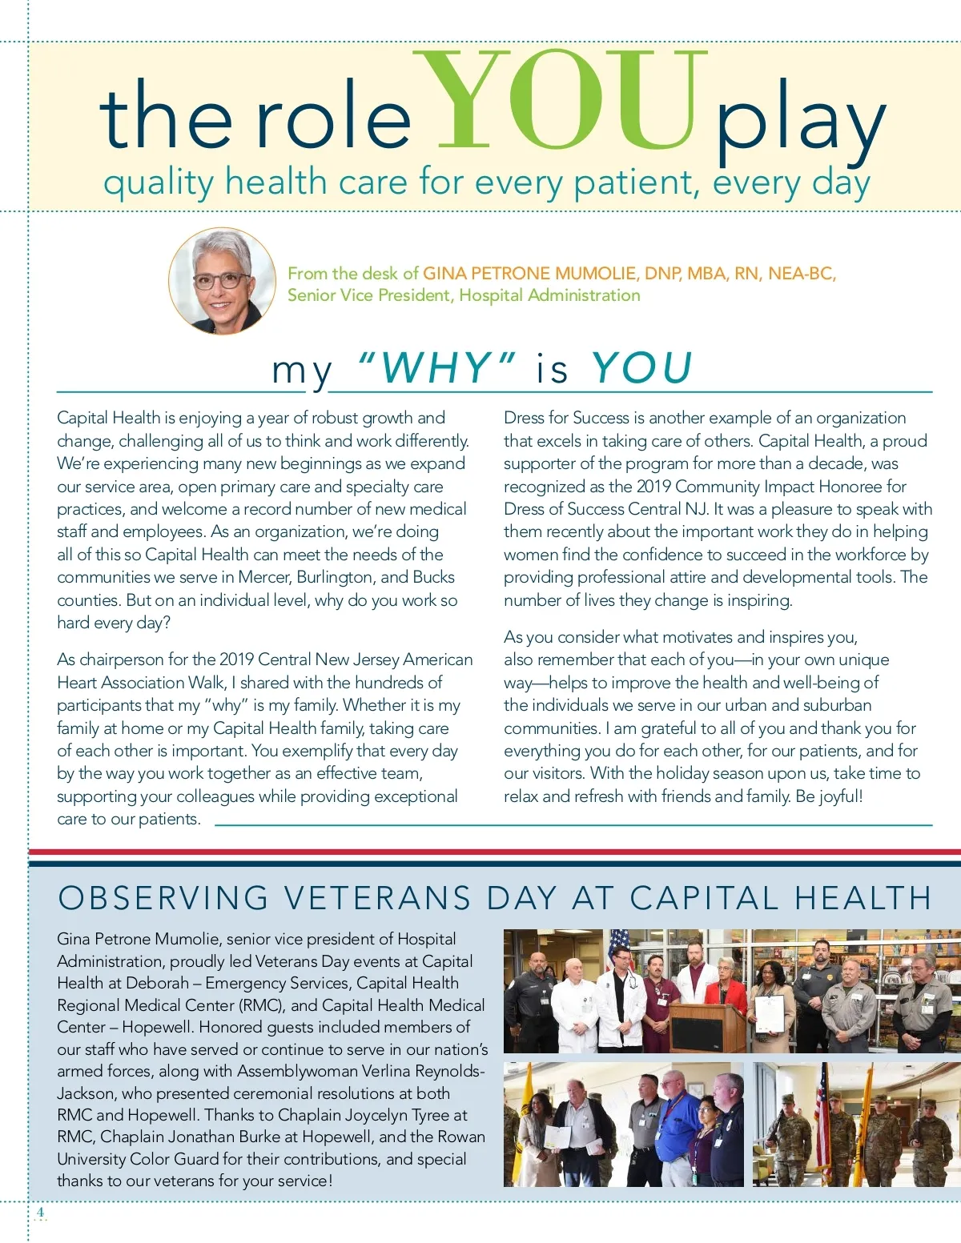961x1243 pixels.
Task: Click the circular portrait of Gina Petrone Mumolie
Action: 222,281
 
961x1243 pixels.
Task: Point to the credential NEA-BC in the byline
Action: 800,274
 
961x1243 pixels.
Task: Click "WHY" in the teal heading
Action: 436,368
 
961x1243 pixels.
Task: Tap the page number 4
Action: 40,1212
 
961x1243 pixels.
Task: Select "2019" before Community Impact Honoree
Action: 653,487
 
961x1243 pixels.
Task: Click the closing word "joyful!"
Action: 841,796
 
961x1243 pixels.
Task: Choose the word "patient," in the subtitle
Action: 637,183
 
